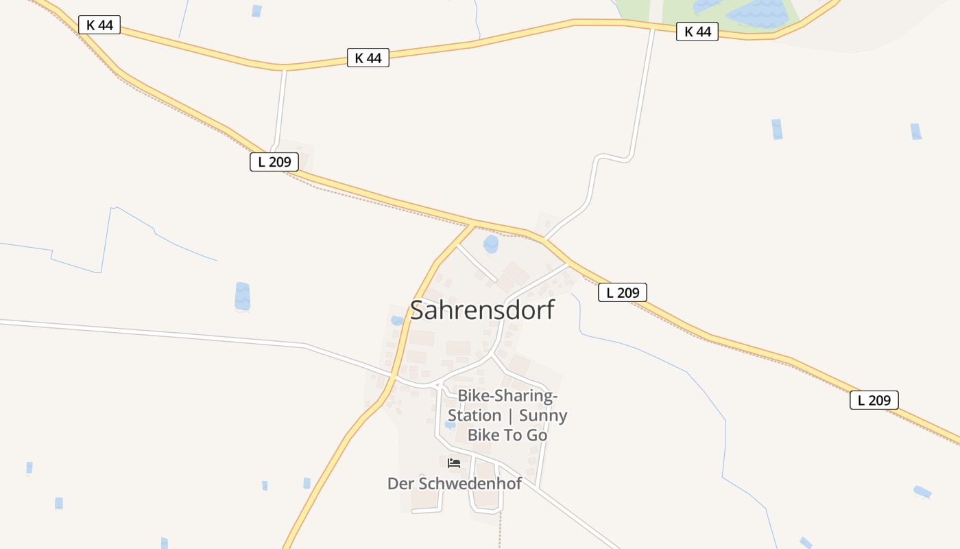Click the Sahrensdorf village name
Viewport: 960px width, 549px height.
pos(481,310)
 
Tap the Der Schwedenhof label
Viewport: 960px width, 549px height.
pos(454,484)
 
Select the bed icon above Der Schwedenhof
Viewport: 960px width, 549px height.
pos(453,463)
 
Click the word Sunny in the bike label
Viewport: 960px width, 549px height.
pos(543,416)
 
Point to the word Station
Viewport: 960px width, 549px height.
pos(475,416)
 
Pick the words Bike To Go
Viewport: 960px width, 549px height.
pos(507,435)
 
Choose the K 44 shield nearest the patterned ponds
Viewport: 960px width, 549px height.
pos(697,32)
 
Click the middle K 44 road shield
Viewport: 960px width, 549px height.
pos(368,58)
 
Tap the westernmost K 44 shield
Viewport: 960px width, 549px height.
pos(99,25)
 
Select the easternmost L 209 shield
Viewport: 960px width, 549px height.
pos(874,400)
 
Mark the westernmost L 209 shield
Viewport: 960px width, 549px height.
pos(274,162)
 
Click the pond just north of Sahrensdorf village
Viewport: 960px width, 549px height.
pos(491,244)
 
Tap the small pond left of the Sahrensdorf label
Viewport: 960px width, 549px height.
pos(397,320)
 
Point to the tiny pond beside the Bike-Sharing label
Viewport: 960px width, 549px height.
pos(450,425)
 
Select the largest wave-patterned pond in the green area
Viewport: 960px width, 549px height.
pos(758,14)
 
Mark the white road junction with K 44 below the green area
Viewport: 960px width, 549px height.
pos(652,28)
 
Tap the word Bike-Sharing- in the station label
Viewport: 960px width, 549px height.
pos(507,396)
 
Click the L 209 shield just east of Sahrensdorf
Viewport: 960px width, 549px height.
pos(622,292)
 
